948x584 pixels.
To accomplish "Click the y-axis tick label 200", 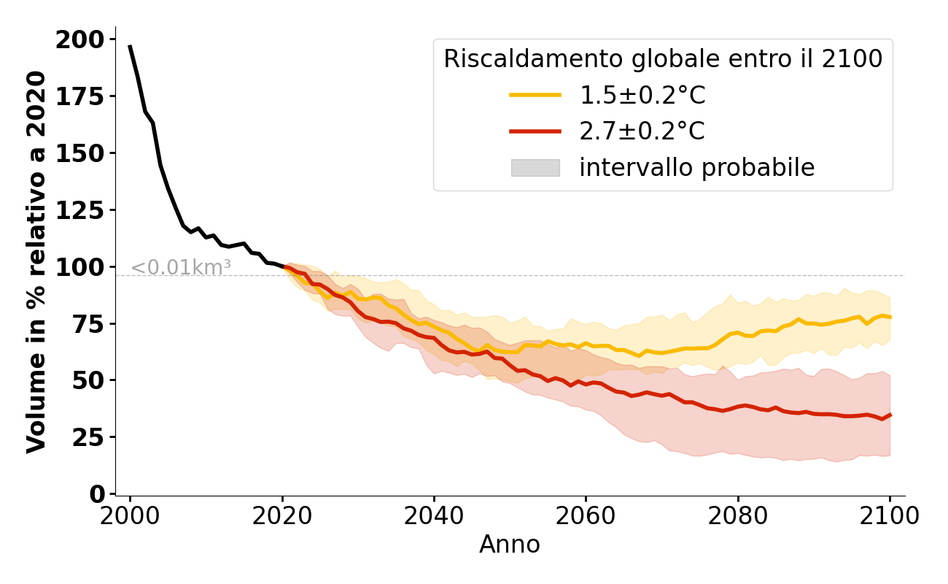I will (80, 39).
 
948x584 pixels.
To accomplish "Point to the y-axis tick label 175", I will (80, 96).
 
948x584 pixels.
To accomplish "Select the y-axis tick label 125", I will (80, 210).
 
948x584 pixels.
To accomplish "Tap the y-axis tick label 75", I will (89, 324).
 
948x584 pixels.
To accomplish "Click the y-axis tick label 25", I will (89, 438).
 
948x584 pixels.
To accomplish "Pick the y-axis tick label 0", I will (98, 495).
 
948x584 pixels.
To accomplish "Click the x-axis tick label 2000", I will (130, 516).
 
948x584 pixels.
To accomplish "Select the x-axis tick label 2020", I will (281, 516).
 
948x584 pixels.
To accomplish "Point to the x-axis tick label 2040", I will (434, 516).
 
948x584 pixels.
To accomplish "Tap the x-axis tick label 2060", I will (586, 516).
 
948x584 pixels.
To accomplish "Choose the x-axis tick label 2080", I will (737, 516).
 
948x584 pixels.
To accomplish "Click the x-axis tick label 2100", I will (890, 516).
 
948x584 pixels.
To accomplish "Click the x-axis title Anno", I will (510, 545).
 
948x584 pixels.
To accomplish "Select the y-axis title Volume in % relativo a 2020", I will (36, 261).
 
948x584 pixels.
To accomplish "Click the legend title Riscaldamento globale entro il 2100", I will (663, 59).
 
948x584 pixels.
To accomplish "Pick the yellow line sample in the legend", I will (535, 95).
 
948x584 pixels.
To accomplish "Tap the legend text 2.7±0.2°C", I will (642, 131).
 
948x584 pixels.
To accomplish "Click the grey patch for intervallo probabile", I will (535, 168).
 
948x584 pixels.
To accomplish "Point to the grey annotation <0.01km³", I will (181, 268).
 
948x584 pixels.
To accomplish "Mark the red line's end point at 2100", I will (890, 415).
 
